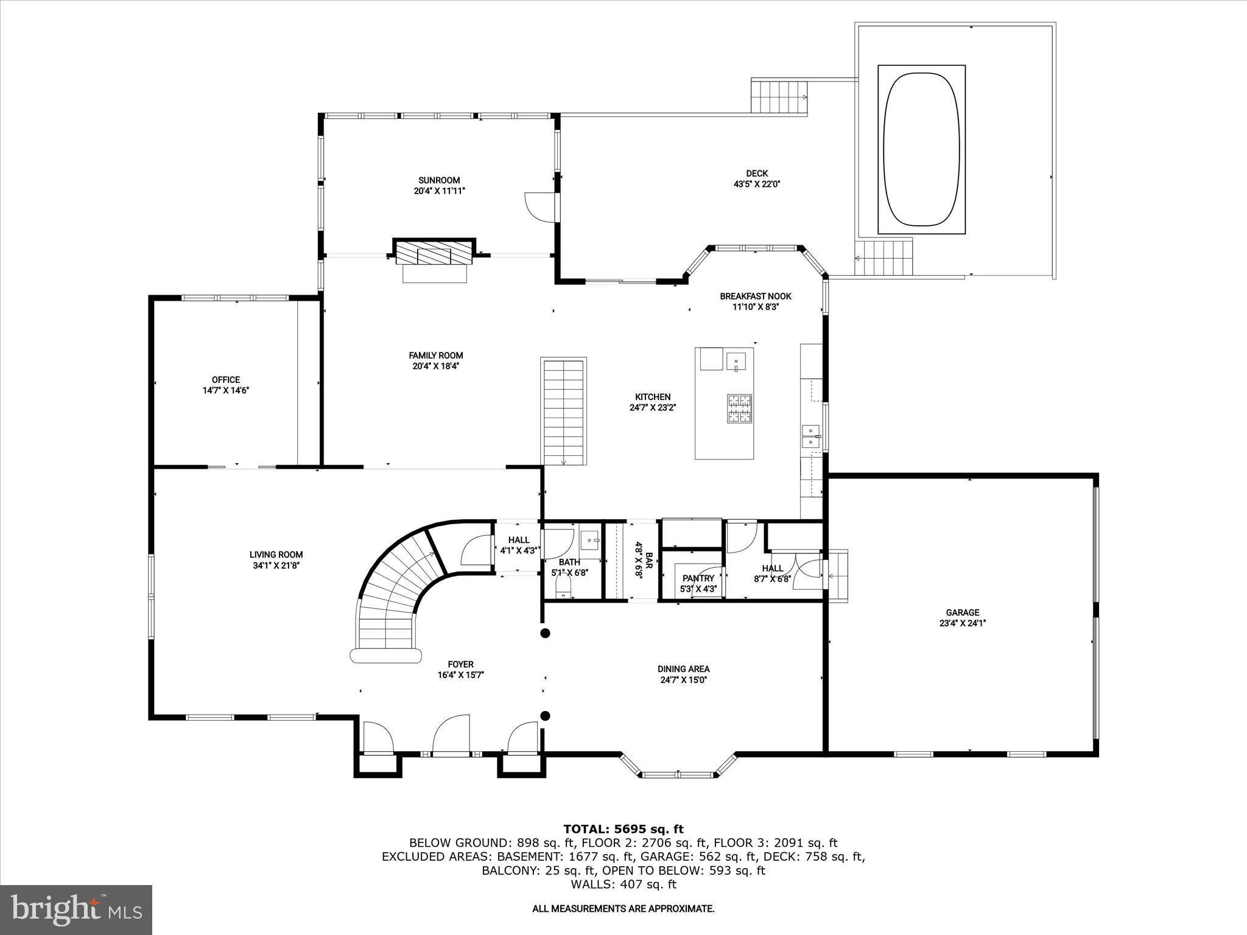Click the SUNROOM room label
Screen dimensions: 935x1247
[x=438, y=180]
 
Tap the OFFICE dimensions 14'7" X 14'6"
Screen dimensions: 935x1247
[x=226, y=390]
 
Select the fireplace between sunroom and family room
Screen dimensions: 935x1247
[x=434, y=253]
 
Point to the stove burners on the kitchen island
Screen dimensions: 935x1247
[x=739, y=408]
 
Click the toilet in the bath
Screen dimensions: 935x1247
[x=563, y=588]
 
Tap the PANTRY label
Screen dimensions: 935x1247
[x=698, y=578]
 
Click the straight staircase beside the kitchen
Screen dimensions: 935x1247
[x=563, y=411]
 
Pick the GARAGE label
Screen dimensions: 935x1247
[x=962, y=612]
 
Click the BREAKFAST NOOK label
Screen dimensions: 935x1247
[x=755, y=296]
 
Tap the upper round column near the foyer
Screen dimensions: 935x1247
[x=546, y=633]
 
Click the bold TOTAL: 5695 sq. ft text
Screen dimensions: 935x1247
[x=623, y=829]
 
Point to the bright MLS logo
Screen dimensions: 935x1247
[x=76, y=909]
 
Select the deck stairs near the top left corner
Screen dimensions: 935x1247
[x=778, y=97]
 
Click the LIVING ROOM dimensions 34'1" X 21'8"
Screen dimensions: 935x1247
[x=276, y=565]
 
